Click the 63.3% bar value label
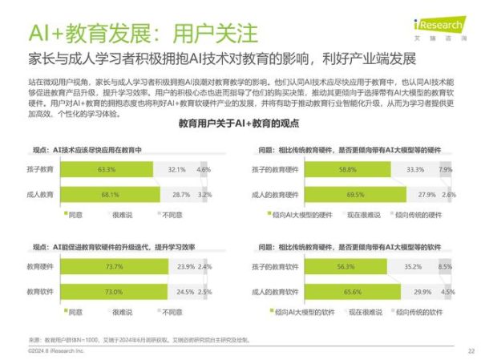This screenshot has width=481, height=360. pyautogui.click(x=107, y=170)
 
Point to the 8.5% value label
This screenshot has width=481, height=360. pyautogui.click(x=446, y=267)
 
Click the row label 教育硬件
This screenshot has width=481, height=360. pyautogui.click(x=40, y=267)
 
